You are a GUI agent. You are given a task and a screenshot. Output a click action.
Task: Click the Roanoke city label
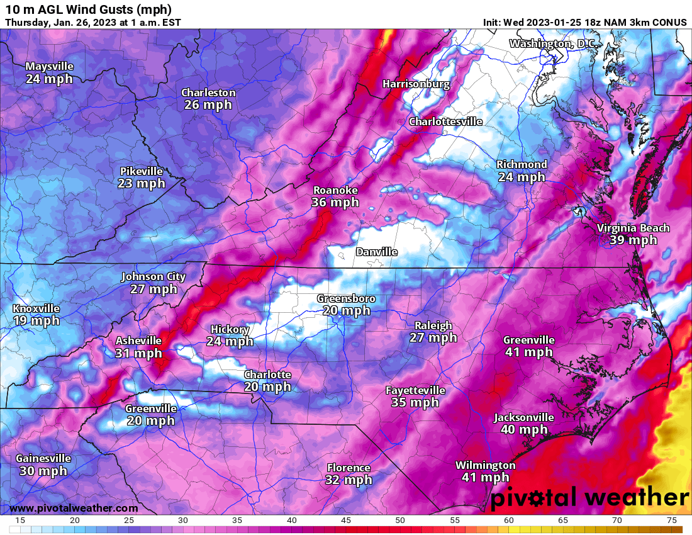click(x=335, y=190)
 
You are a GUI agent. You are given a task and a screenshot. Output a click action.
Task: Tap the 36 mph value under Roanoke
click(x=335, y=202)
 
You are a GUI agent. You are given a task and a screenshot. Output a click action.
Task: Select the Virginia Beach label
click(x=633, y=228)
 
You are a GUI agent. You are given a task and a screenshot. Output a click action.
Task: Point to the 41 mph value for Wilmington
click(x=485, y=478)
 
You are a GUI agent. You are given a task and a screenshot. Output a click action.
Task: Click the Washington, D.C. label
click(x=552, y=43)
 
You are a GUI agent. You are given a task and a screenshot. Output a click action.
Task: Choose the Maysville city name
click(x=49, y=67)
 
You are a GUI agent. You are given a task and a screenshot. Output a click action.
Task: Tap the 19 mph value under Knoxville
click(x=36, y=320)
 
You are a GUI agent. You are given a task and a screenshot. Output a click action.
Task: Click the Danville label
click(x=376, y=252)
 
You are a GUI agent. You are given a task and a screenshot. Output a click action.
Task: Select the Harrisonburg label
click(x=416, y=84)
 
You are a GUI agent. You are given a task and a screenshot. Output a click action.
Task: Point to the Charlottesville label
click(x=445, y=121)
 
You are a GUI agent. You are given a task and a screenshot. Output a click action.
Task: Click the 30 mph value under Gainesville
click(x=43, y=470)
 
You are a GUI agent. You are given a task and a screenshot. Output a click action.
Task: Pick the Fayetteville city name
click(x=415, y=390)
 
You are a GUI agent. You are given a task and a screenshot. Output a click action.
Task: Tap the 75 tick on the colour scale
click(x=672, y=520)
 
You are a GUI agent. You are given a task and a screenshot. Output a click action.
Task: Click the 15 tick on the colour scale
click(x=20, y=520)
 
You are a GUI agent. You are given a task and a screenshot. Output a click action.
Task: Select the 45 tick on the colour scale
click(x=345, y=520)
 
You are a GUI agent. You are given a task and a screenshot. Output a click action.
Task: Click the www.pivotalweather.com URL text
click(x=74, y=508)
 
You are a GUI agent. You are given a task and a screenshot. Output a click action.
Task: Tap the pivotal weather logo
click(x=589, y=498)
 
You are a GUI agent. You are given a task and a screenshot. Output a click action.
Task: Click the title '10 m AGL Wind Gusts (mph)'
click(x=88, y=9)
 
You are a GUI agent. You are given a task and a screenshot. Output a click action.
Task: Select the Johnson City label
click(x=153, y=276)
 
